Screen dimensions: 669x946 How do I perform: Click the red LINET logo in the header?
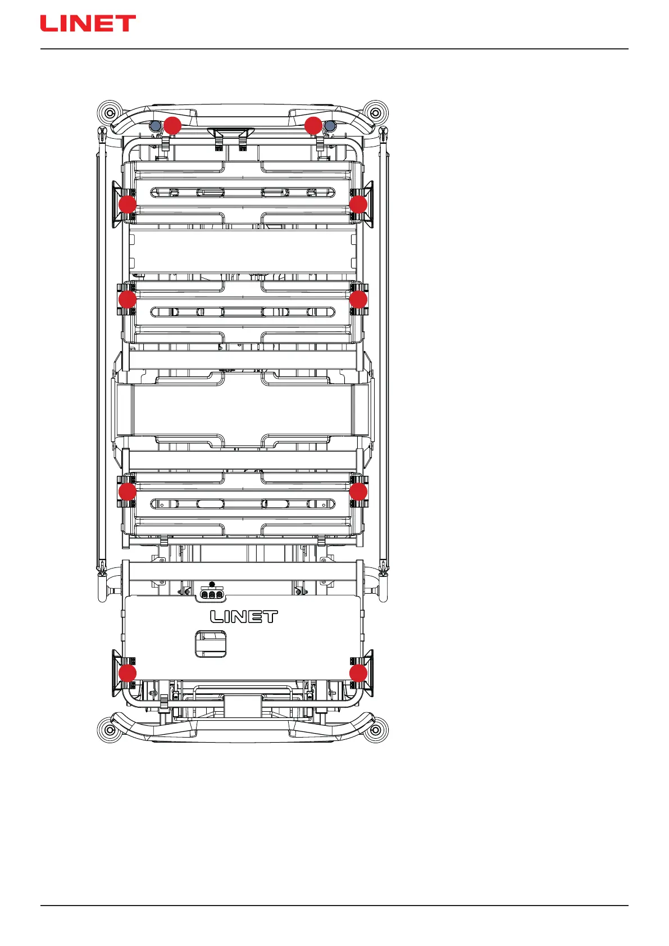tap(88, 24)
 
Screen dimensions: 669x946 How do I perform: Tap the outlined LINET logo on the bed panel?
tap(244, 616)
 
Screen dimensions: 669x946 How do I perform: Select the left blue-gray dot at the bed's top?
tap(156, 126)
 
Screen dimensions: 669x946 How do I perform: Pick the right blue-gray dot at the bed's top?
tap(330, 126)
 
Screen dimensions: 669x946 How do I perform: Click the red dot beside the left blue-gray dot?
tap(172, 126)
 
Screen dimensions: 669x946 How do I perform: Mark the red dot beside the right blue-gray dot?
tap(313, 126)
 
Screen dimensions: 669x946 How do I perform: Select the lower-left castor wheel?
tap(110, 730)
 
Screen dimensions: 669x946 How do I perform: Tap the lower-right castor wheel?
tap(375, 730)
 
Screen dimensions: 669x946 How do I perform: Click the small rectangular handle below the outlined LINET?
tap(211, 644)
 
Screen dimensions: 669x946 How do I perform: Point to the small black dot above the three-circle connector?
tap(212, 584)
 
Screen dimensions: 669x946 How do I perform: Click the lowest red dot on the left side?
tap(128, 673)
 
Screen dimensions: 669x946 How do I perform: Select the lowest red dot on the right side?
tap(358, 673)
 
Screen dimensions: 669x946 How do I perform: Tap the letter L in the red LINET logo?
tap(48, 24)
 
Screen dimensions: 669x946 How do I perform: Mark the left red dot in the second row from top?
tap(128, 204)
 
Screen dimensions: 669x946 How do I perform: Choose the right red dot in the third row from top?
tap(358, 299)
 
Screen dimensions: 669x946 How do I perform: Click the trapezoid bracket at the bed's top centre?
tap(231, 133)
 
